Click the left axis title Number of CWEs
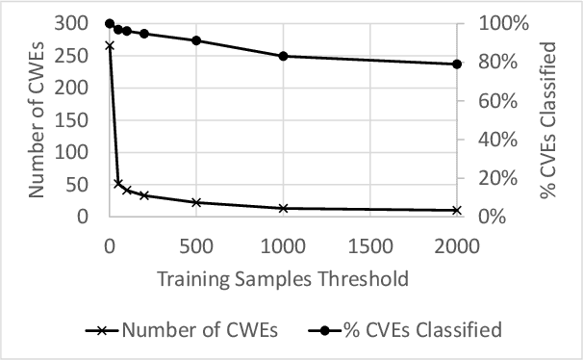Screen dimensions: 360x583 [38, 118]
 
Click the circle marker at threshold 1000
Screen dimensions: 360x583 [283, 56]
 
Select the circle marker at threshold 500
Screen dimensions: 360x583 [196, 40]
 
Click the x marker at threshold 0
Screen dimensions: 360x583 [110, 45]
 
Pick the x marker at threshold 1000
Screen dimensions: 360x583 [283, 208]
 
